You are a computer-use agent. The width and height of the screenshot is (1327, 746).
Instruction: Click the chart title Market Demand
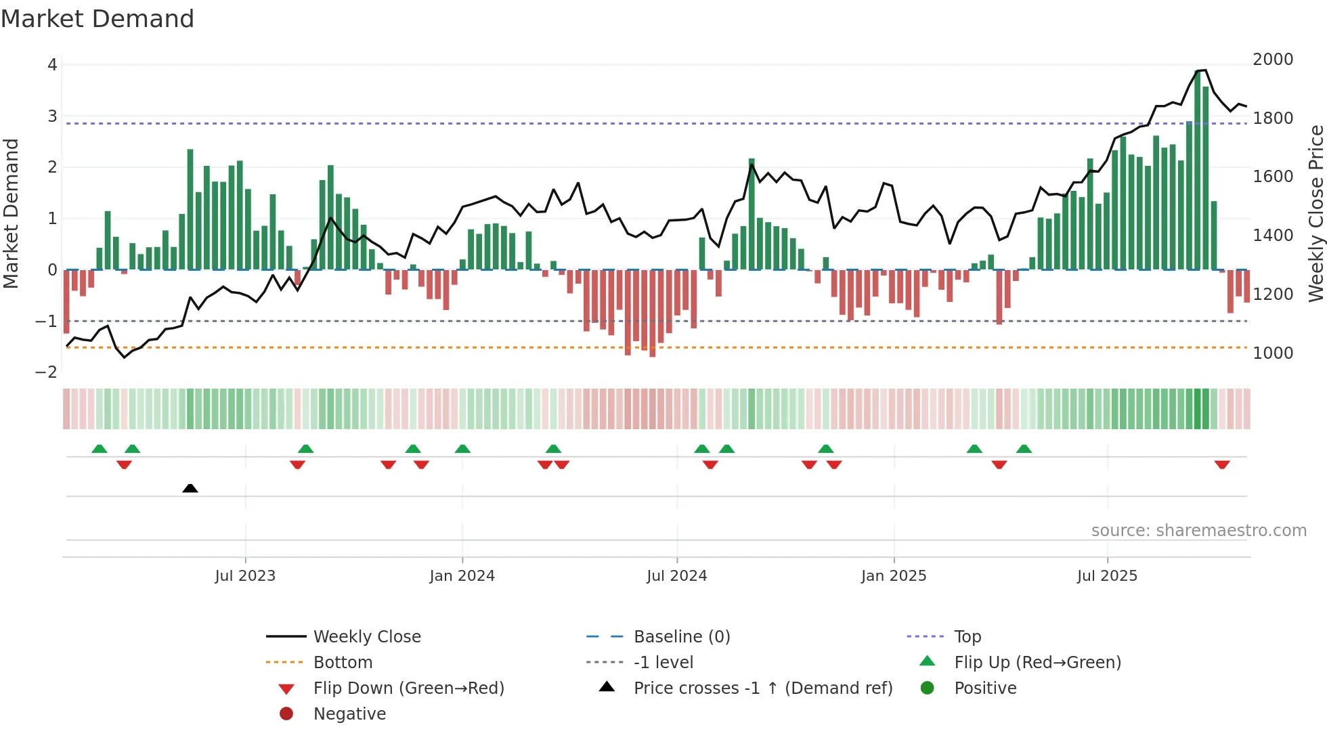[x=97, y=18]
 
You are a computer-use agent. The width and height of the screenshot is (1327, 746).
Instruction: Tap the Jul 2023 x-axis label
[x=245, y=576]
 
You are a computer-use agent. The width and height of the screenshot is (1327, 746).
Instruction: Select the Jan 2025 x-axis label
[x=894, y=576]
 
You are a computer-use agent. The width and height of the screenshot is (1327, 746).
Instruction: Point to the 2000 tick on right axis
[x=1273, y=60]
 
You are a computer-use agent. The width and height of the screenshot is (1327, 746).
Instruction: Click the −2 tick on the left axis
[x=46, y=372]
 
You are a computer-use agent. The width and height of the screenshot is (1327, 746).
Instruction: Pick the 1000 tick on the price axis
[x=1273, y=353]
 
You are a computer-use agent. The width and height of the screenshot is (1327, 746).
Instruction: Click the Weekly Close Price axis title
[x=1315, y=213]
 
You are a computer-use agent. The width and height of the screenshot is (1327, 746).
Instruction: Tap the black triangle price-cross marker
[x=190, y=488]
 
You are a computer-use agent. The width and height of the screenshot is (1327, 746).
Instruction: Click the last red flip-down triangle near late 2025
[x=1222, y=465]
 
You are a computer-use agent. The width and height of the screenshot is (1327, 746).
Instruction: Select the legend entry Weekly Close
[x=366, y=637]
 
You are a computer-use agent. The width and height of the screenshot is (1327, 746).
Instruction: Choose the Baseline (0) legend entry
[x=681, y=637]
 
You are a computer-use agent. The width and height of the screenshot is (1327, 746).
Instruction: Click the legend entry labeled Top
[x=967, y=637]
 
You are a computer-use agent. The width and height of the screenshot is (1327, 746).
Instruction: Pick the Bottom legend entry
[x=343, y=663]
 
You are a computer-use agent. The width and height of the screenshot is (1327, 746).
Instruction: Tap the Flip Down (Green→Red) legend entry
[x=408, y=688]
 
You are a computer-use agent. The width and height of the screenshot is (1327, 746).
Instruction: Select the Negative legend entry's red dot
[x=286, y=714]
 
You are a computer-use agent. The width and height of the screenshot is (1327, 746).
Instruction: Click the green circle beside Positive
[x=928, y=688]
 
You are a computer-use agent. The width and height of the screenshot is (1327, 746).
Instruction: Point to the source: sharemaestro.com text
[x=1198, y=531]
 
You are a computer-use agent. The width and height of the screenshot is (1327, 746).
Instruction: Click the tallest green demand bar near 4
[x=1198, y=169]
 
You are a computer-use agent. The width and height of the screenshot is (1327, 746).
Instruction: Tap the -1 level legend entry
[x=663, y=663]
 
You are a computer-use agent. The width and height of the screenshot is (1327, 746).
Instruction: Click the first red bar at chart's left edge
[x=66, y=301]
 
